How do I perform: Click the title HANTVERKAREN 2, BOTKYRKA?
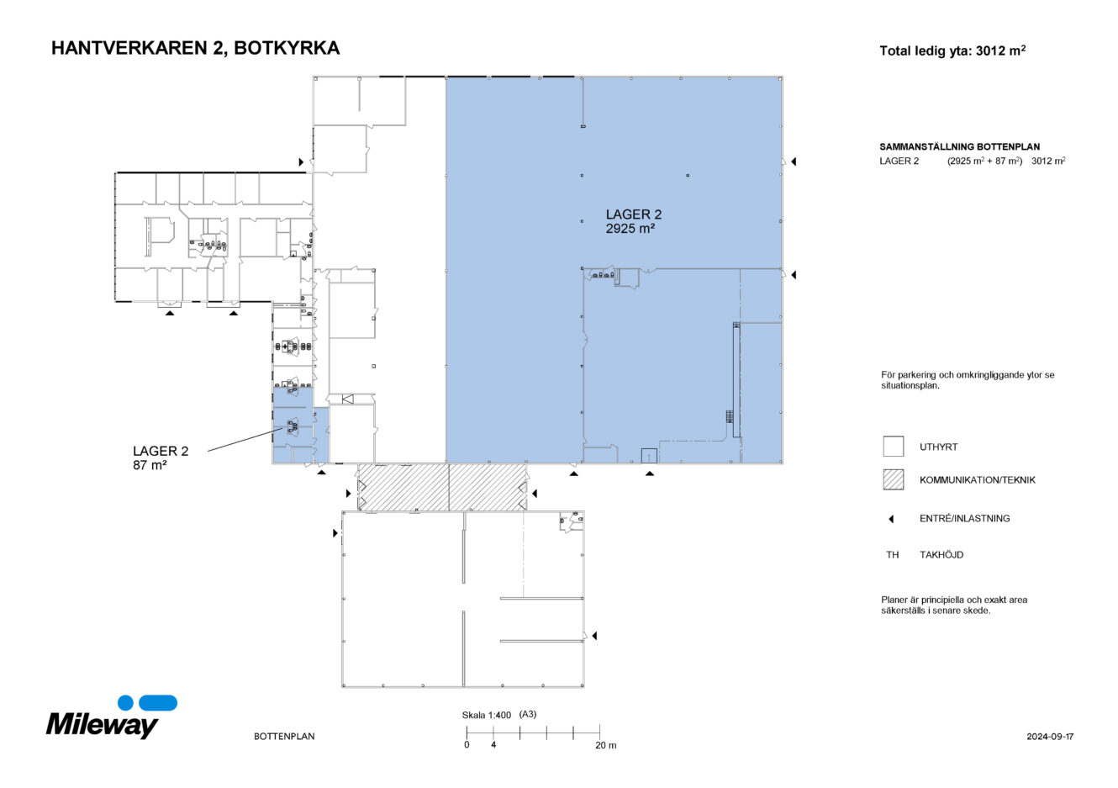point(195,49)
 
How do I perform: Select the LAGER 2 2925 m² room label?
point(633,221)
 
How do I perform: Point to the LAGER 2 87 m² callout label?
point(160,457)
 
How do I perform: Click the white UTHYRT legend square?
point(893,447)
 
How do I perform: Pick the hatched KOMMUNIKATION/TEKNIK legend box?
point(893,479)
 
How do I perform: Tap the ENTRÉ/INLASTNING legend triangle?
point(891,519)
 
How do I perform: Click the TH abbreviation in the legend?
point(892,555)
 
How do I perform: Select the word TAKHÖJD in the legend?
point(941,555)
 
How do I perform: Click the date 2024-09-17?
point(1049,737)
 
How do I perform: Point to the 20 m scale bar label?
point(605,745)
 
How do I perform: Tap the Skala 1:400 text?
point(486,716)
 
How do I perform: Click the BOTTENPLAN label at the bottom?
point(284,737)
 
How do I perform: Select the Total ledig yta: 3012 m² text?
point(952,51)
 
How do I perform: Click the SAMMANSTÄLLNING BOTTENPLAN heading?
point(959,146)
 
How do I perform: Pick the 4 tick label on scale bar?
point(493,745)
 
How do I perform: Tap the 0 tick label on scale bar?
point(467,745)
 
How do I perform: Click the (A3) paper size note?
point(528,715)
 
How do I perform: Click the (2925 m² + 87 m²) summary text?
point(984,161)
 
